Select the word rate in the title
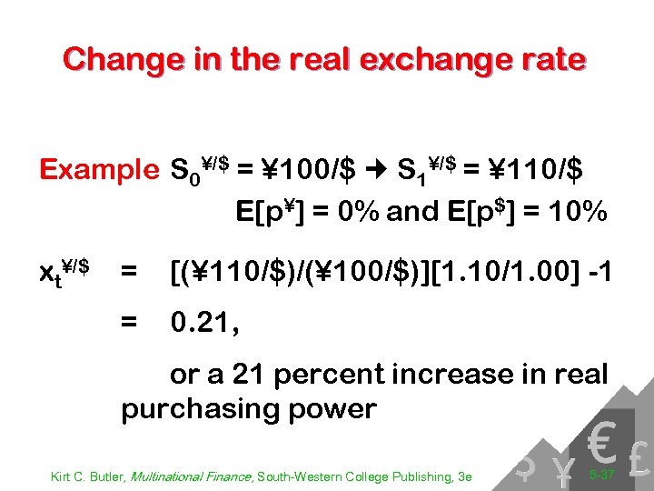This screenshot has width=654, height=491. click(548, 60)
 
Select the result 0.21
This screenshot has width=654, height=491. click(204, 321)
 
